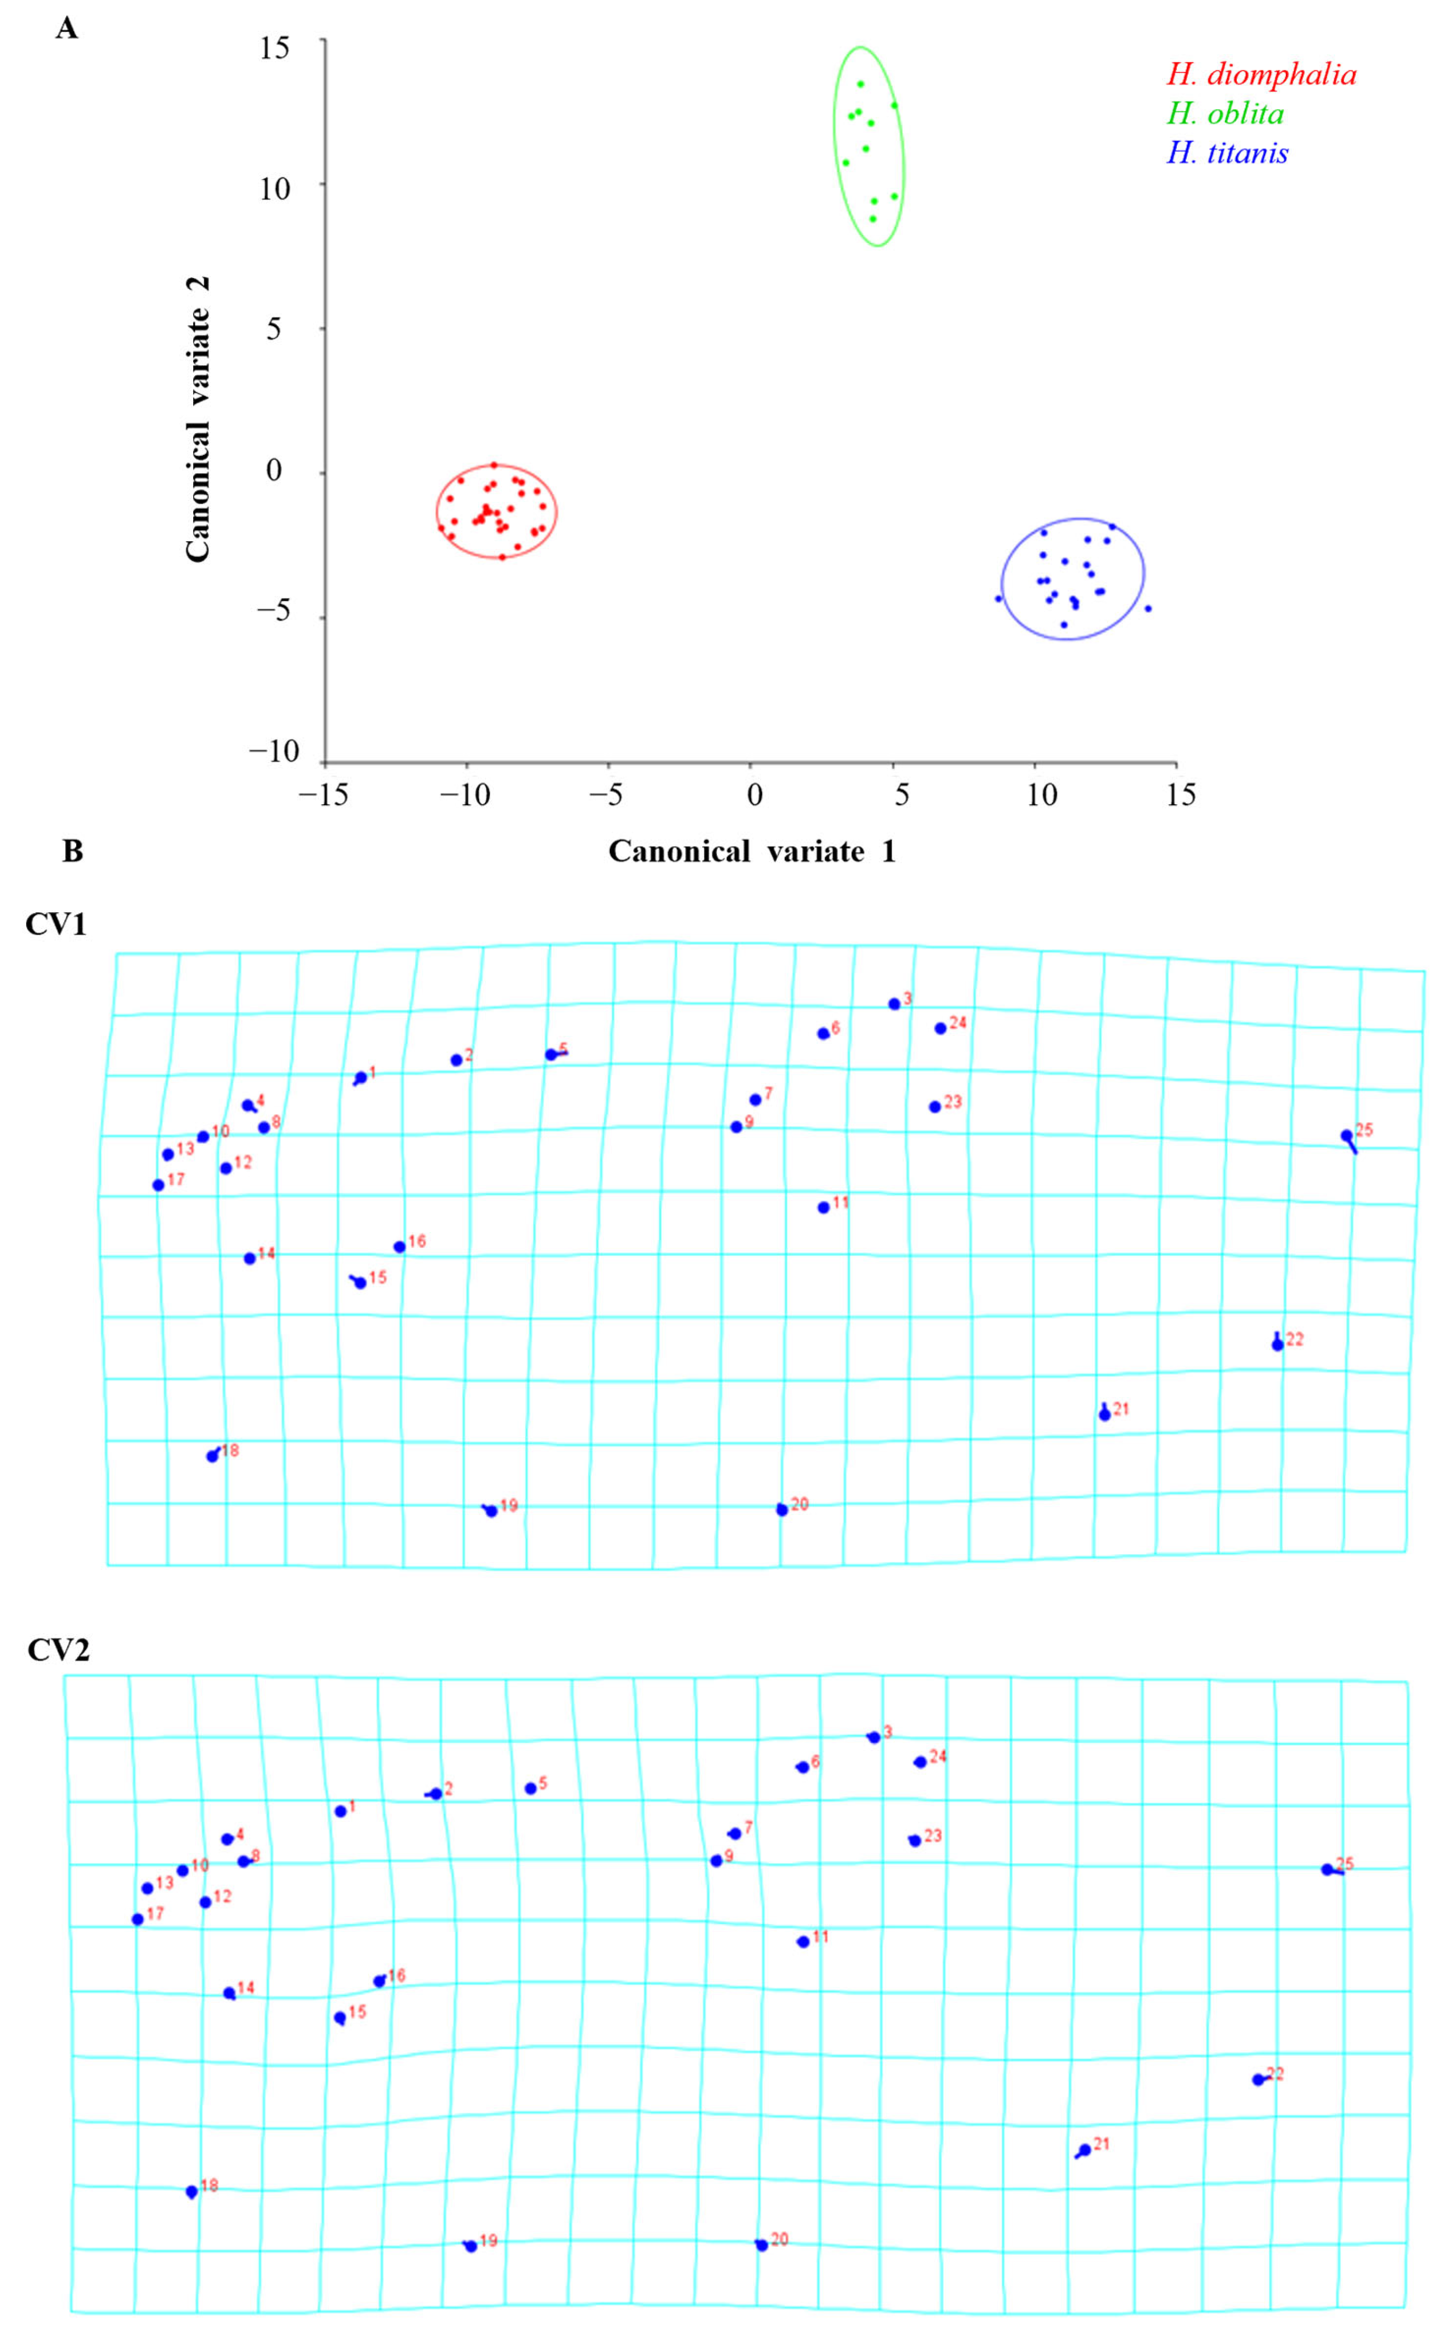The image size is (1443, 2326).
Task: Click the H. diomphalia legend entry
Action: (1261, 75)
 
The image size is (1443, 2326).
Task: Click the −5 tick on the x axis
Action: (607, 794)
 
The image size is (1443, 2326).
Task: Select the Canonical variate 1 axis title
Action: (752, 851)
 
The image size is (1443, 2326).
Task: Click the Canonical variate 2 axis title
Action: (197, 420)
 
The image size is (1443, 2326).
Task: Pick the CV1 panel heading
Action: (55, 924)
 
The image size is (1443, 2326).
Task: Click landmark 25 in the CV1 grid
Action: (1346, 1135)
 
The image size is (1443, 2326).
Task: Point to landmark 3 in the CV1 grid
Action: (893, 1004)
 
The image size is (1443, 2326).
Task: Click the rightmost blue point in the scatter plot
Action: (1147, 608)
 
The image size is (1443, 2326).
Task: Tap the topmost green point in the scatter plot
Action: (860, 84)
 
